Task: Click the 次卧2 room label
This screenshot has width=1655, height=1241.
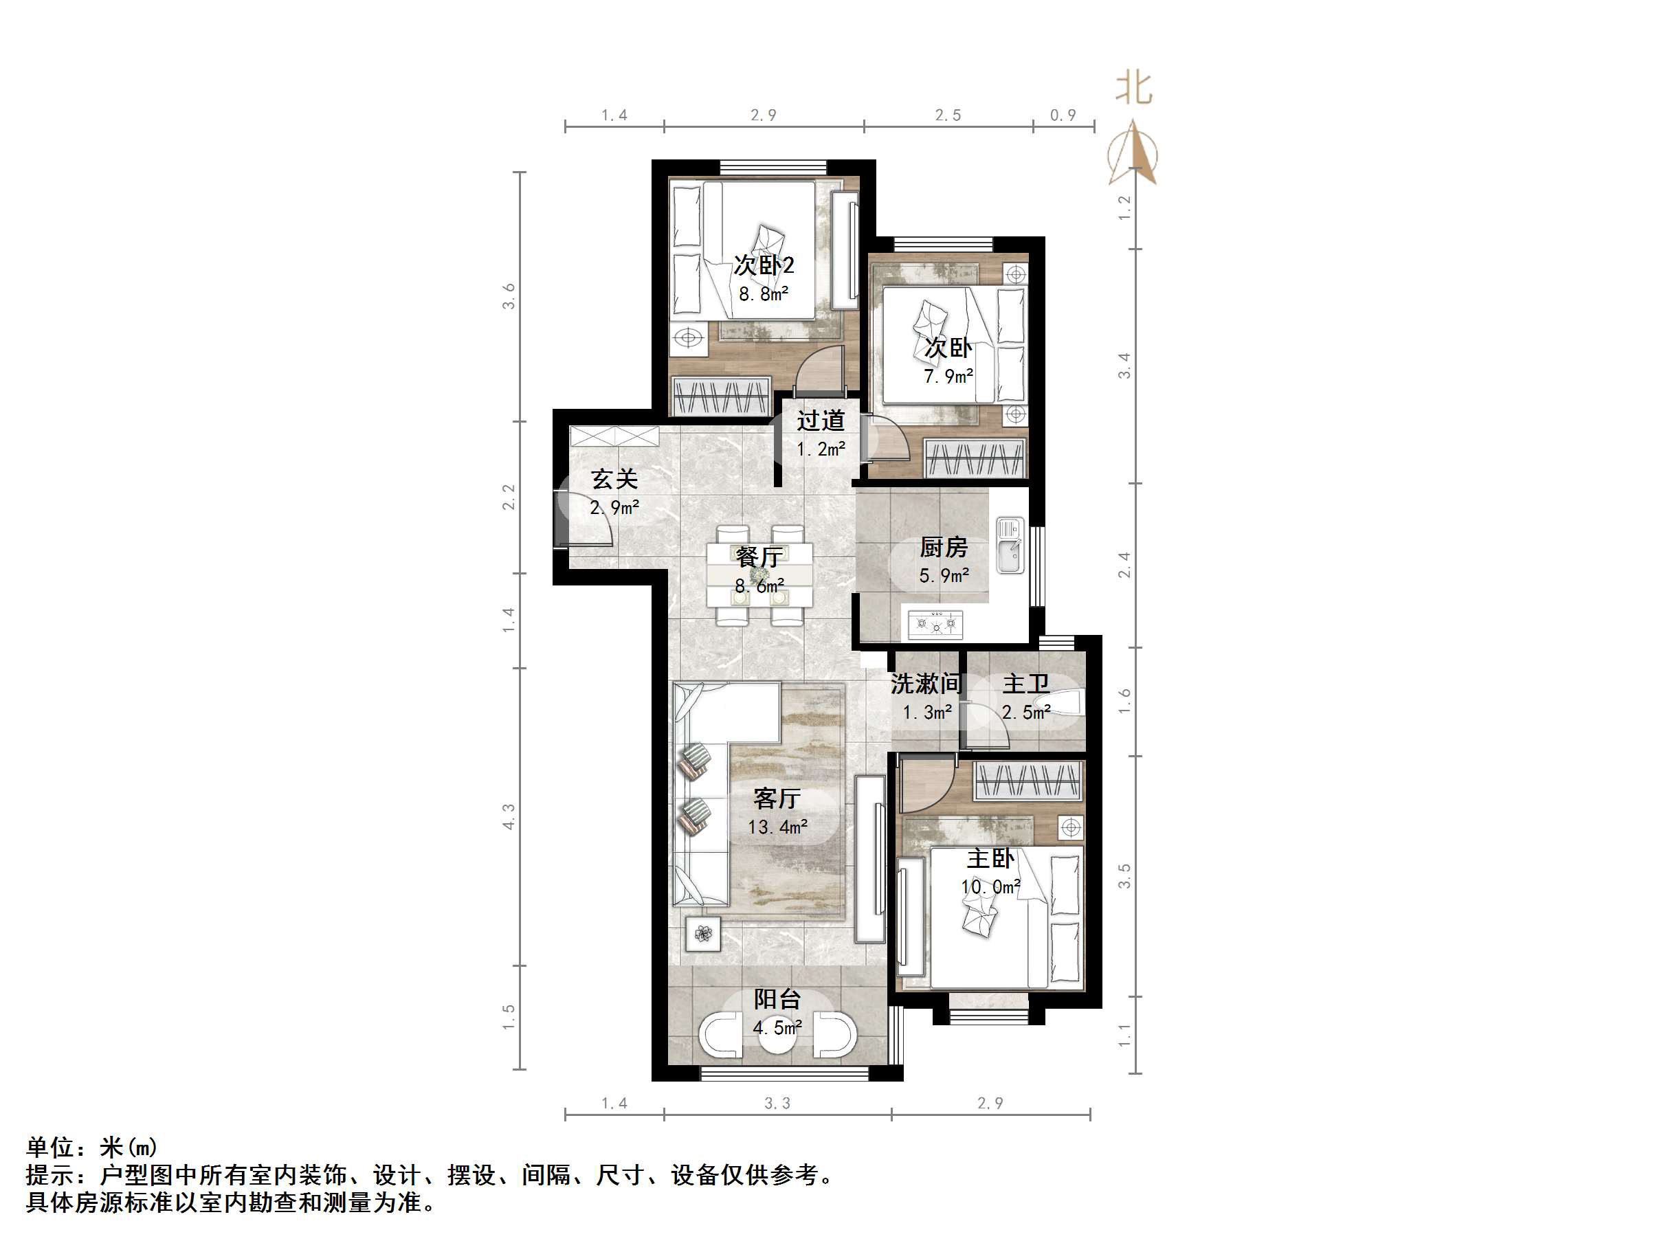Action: (x=763, y=265)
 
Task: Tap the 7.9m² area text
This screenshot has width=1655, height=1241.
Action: (x=948, y=377)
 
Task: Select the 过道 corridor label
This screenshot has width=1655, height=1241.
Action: (x=821, y=421)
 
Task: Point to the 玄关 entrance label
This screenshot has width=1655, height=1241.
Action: (x=614, y=479)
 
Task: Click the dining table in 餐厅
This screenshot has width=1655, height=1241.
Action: (x=759, y=574)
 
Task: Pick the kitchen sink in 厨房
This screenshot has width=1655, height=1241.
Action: (x=1010, y=547)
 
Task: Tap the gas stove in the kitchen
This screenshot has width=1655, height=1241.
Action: (x=935, y=624)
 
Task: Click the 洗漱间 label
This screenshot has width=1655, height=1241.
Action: (x=926, y=684)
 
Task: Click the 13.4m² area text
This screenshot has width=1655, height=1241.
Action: (x=777, y=827)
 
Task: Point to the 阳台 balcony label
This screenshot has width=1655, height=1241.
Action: (x=777, y=999)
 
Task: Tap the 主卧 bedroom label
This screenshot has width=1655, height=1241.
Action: (x=990, y=858)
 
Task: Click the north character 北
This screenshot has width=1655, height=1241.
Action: (x=1134, y=88)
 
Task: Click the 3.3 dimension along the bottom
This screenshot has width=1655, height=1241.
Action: (x=777, y=1104)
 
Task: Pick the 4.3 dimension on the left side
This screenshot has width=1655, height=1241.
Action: (x=509, y=816)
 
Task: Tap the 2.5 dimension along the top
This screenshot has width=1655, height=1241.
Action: (x=948, y=115)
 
